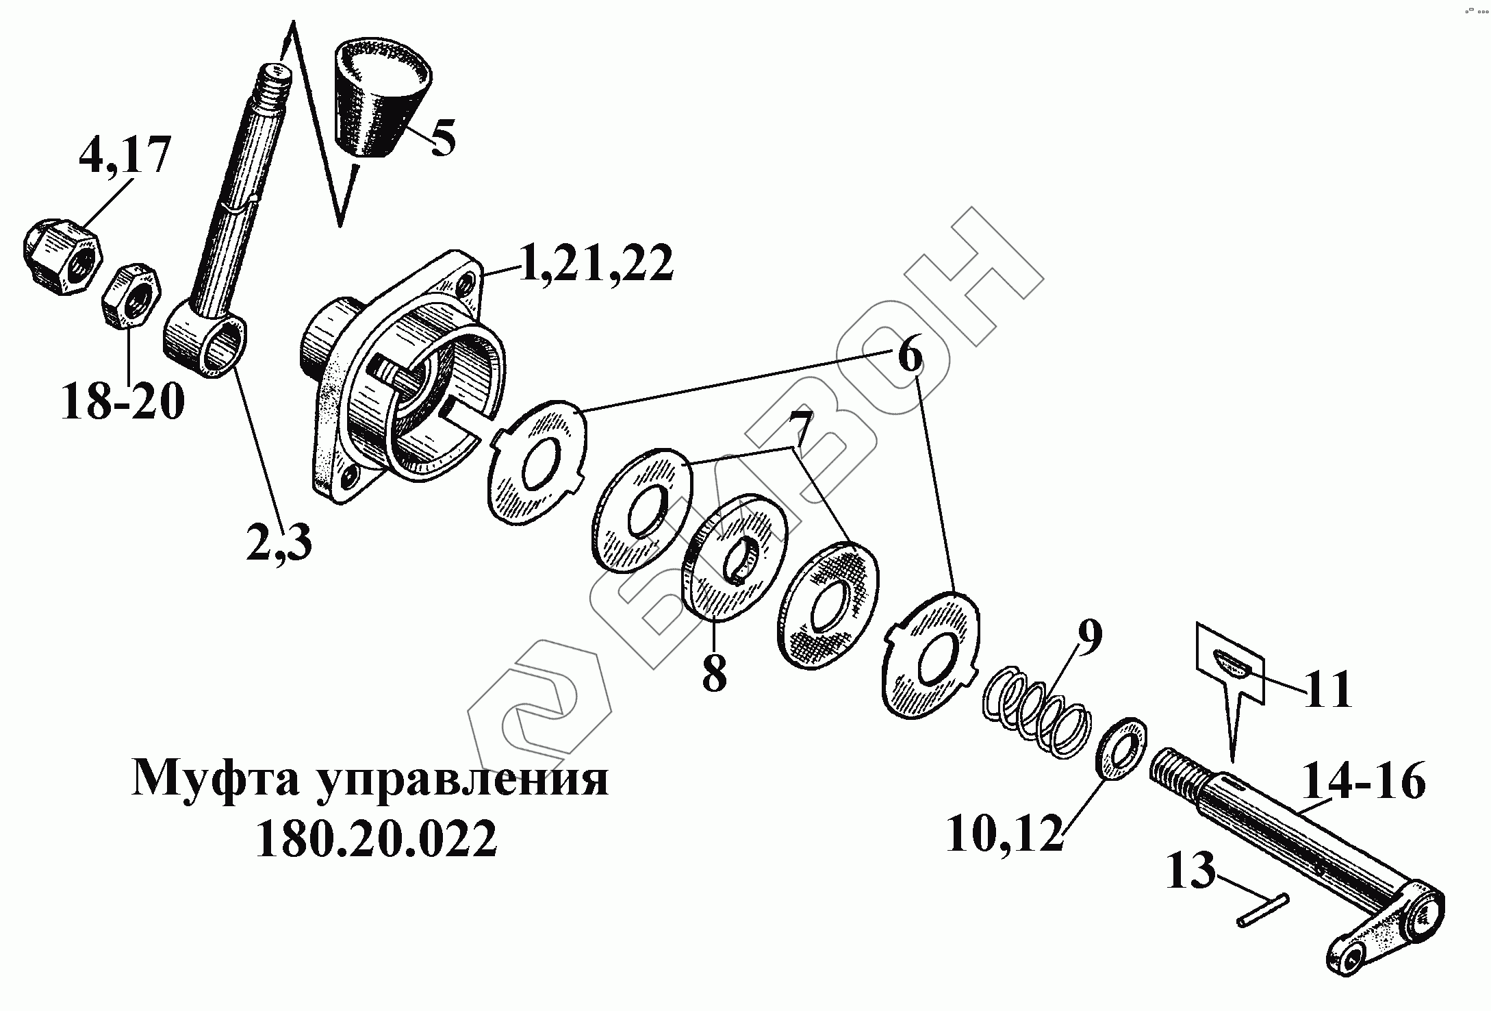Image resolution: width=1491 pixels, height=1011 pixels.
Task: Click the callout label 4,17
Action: pyautogui.click(x=123, y=157)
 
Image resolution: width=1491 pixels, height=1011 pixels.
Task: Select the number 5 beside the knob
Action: pyautogui.click(x=442, y=138)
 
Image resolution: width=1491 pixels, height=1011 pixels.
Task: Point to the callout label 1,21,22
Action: pyautogui.click(x=595, y=264)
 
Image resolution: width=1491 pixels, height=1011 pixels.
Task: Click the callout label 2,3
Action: pyautogui.click(x=279, y=542)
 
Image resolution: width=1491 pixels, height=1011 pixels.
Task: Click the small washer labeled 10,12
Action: pyautogui.click(x=1121, y=749)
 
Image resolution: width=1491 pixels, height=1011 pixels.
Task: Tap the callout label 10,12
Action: pyautogui.click(x=1004, y=833)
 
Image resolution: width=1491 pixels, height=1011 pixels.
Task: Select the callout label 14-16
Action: pyautogui.click(x=1363, y=781)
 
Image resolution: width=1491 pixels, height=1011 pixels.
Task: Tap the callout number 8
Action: pyautogui.click(x=714, y=673)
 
